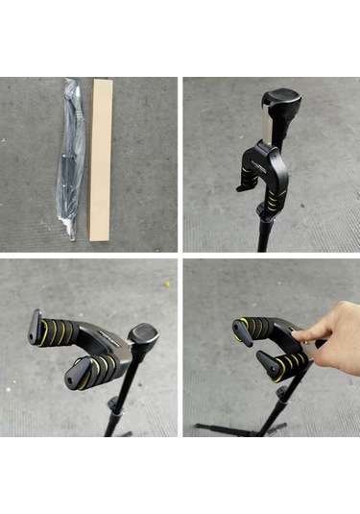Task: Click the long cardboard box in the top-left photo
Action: point(101,159)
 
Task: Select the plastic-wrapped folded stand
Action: point(71,159)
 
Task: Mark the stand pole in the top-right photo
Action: point(265,231)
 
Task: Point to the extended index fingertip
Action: point(298,335)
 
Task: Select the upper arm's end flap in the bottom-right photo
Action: point(239,329)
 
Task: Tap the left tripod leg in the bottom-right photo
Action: point(216,425)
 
